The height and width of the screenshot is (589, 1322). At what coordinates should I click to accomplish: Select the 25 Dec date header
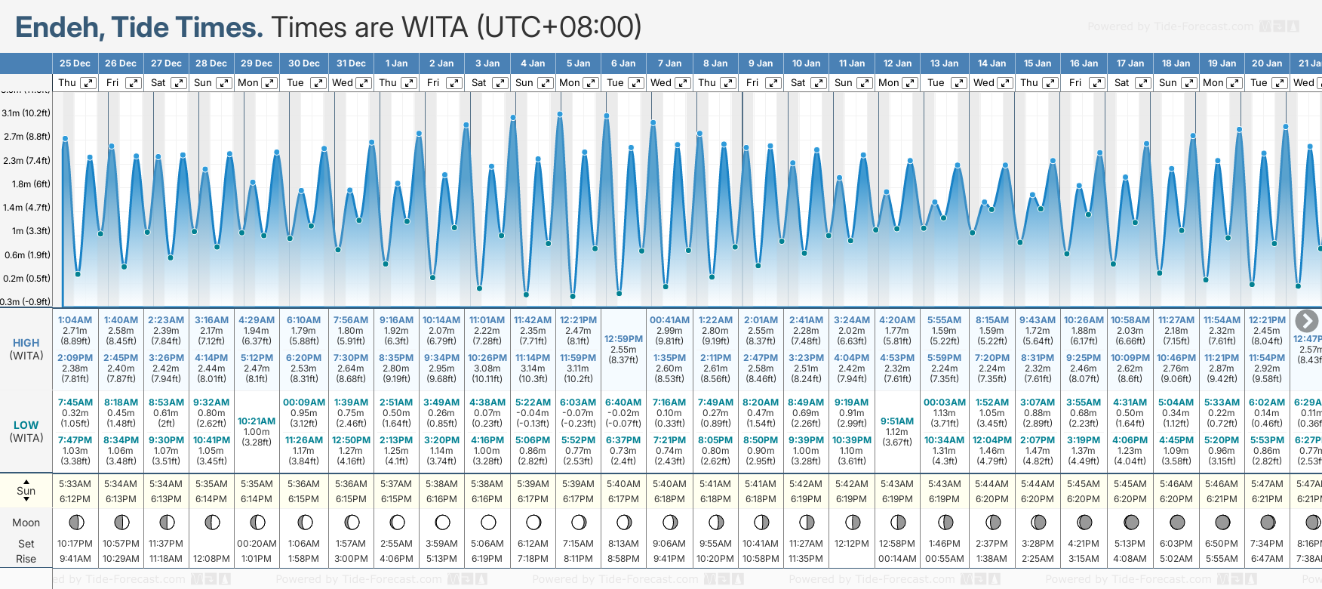[75, 63]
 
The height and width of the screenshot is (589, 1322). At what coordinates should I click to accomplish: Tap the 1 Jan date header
[396, 63]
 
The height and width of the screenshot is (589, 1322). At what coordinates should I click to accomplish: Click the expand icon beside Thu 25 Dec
[88, 83]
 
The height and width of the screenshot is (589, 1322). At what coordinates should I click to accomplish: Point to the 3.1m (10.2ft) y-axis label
[26, 113]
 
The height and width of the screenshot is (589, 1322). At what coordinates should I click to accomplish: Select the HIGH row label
[26, 343]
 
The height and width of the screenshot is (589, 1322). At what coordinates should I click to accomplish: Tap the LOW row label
[26, 425]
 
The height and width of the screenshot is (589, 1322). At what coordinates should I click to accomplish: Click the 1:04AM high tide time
[75, 320]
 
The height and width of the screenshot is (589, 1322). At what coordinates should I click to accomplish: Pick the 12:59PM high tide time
[623, 339]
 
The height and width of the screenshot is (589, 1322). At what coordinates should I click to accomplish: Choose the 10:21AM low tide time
[257, 421]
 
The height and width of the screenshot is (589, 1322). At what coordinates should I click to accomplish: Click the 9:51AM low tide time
[896, 421]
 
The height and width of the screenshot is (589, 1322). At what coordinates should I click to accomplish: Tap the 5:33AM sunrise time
[75, 484]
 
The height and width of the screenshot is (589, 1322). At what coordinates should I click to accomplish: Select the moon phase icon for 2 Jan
[442, 522]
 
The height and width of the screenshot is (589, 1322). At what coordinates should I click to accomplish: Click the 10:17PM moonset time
[75, 544]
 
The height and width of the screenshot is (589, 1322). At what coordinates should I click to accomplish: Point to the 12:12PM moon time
[851, 544]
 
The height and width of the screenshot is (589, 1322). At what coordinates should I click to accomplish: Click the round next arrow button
[1306, 321]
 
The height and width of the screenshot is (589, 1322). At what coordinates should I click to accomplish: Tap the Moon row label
[26, 523]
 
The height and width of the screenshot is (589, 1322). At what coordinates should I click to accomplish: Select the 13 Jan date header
[944, 63]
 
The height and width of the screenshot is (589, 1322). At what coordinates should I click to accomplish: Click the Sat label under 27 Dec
[158, 83]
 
